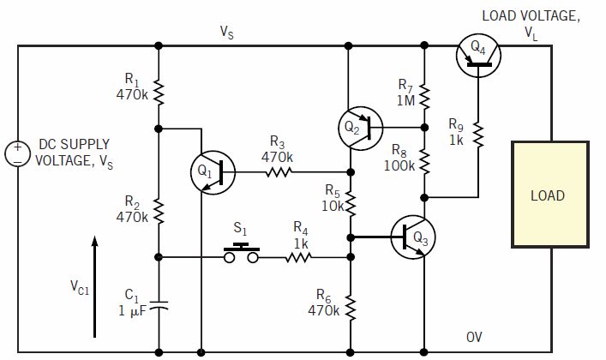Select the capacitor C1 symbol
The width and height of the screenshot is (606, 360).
159,303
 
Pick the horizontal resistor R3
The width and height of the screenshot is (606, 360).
278,172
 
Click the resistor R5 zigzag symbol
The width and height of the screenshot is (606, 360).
350,202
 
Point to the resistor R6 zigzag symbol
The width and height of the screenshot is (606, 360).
350,306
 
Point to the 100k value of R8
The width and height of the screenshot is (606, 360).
399,165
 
